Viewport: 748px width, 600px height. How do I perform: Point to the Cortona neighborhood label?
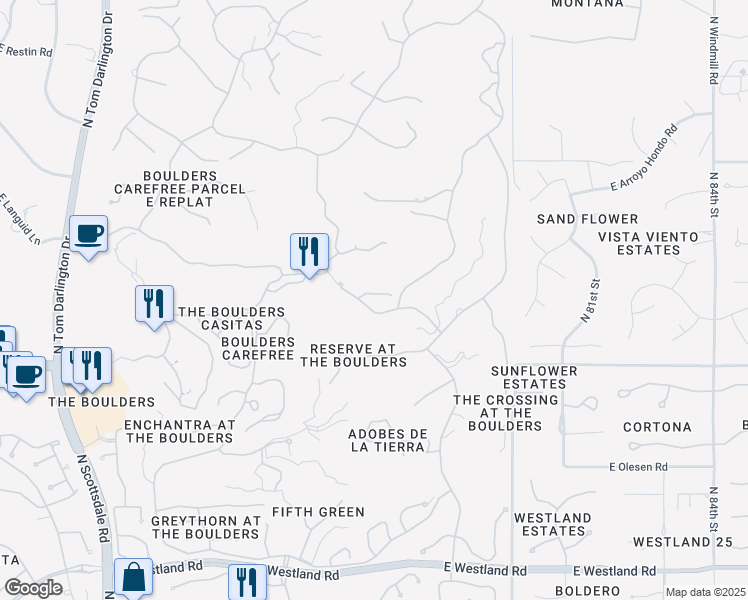tap(657, 427)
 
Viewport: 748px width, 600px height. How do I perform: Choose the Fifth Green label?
tap(319, 512)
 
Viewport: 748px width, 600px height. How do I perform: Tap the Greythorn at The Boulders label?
tap(206, 527)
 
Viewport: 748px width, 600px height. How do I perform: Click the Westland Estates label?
tap(551, 524)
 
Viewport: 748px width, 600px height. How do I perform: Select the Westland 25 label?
tap(689, 542)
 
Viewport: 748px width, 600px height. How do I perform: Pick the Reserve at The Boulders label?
tap(353, 355)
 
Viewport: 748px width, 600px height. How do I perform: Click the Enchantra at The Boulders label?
tap(178, 431)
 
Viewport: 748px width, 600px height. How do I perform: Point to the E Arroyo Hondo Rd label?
tap(644, 158)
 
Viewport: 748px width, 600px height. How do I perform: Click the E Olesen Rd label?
tap(638, 467)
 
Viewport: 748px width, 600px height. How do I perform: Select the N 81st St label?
tap(591, 300)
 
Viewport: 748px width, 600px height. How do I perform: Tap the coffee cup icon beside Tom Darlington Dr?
tap(89, 233)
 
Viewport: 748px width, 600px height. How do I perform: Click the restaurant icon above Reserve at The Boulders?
tap(309, 251)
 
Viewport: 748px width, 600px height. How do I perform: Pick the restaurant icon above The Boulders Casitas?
tap(154, 302)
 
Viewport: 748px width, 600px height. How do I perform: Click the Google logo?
tap(34, 588)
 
